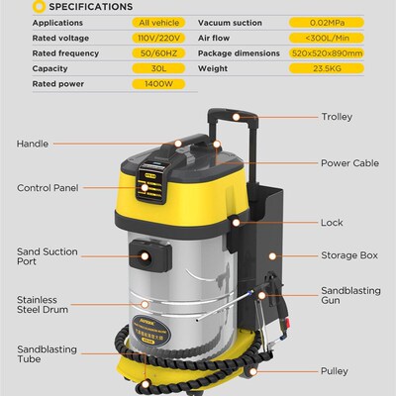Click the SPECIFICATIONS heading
[91, 7]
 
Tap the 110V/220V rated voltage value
[158, 38]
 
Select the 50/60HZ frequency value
[158, 53]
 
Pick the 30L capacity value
[158, 68]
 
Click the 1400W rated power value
[158, 84]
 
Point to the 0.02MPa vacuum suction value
[327, 23]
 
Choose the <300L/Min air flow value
[327, 38]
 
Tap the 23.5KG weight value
[327, 68]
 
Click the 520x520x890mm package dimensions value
[327, 53]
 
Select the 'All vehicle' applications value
[158, 23]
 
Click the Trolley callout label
[337, 117]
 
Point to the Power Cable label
[349, 163]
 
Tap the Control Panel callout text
[48, 188]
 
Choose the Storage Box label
[349, 255]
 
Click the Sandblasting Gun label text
[350, 295]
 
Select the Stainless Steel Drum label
[43, 305]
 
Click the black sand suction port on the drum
[150, 256]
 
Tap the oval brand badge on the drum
[151, 331]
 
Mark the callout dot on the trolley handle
[236, 117]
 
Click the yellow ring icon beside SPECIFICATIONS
[39, 7]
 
